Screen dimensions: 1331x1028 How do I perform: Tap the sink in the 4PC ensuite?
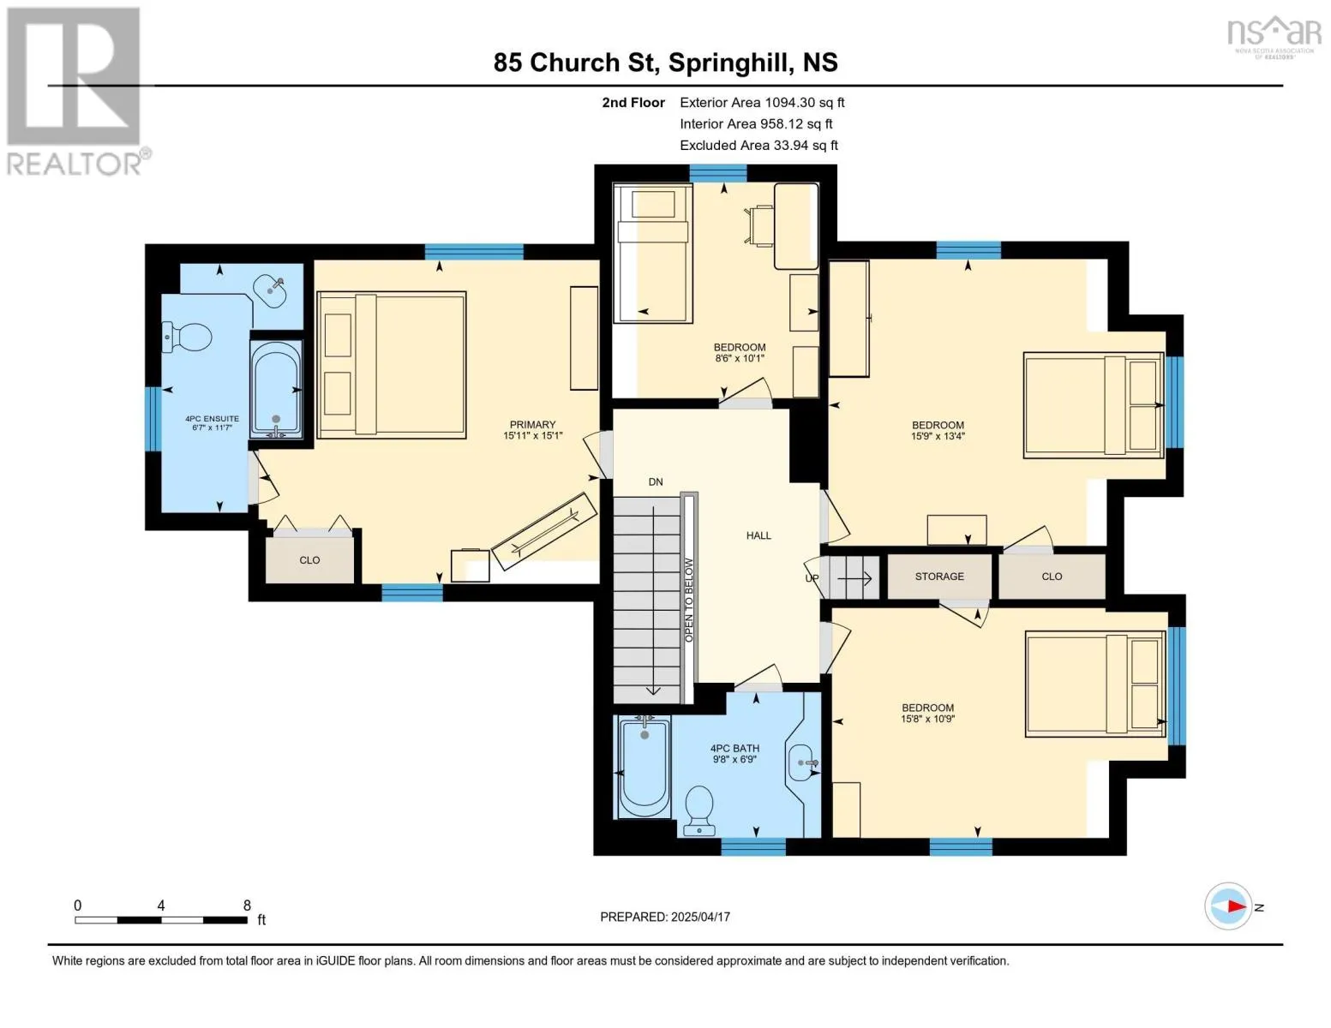pos(269,293)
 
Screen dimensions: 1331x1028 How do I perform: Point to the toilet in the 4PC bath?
pos(698,810)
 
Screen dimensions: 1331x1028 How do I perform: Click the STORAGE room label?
pos(939,577)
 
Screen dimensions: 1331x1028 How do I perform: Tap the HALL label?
pos(758,535)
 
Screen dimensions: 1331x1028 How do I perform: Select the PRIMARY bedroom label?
pos(532,424)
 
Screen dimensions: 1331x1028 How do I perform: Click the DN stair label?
pos(656,481)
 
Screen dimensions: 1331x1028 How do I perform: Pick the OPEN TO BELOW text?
pos(689,600)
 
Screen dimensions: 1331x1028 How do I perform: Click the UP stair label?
pos(812,578)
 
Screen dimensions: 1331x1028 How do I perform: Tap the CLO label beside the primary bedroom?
pos(309,560)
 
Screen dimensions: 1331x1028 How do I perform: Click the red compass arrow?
pos(1236,906)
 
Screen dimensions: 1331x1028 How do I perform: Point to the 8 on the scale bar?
pos(247,905)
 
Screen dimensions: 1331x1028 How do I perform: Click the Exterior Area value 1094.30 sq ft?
pos(805,103)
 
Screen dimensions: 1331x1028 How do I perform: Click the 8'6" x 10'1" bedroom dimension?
pos(740,358)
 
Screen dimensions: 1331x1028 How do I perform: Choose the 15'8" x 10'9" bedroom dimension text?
pos(927,719)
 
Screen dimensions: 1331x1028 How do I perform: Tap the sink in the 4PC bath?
pos(802,762)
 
